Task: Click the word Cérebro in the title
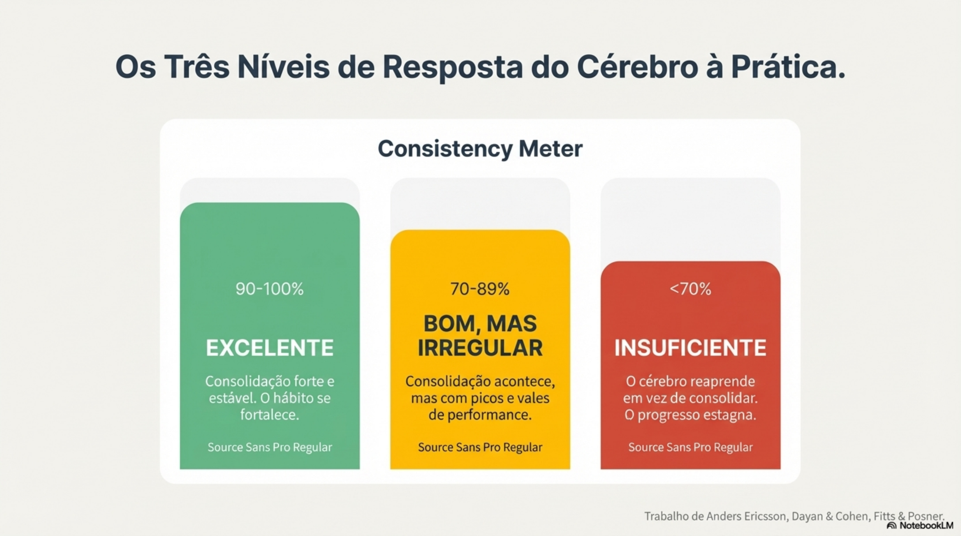click(637, 67)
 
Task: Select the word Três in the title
click(197, 67)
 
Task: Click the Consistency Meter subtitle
click(480, 148)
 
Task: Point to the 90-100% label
click(270, 289)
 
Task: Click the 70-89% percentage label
click(480, 289)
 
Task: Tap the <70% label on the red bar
click(691, 289)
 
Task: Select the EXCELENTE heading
click(270, 348)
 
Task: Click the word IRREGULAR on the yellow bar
click(480, 348)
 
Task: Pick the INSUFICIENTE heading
click(691, 348)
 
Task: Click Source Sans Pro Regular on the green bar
click(270, 447)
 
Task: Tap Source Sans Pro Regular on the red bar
click(691, 447)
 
